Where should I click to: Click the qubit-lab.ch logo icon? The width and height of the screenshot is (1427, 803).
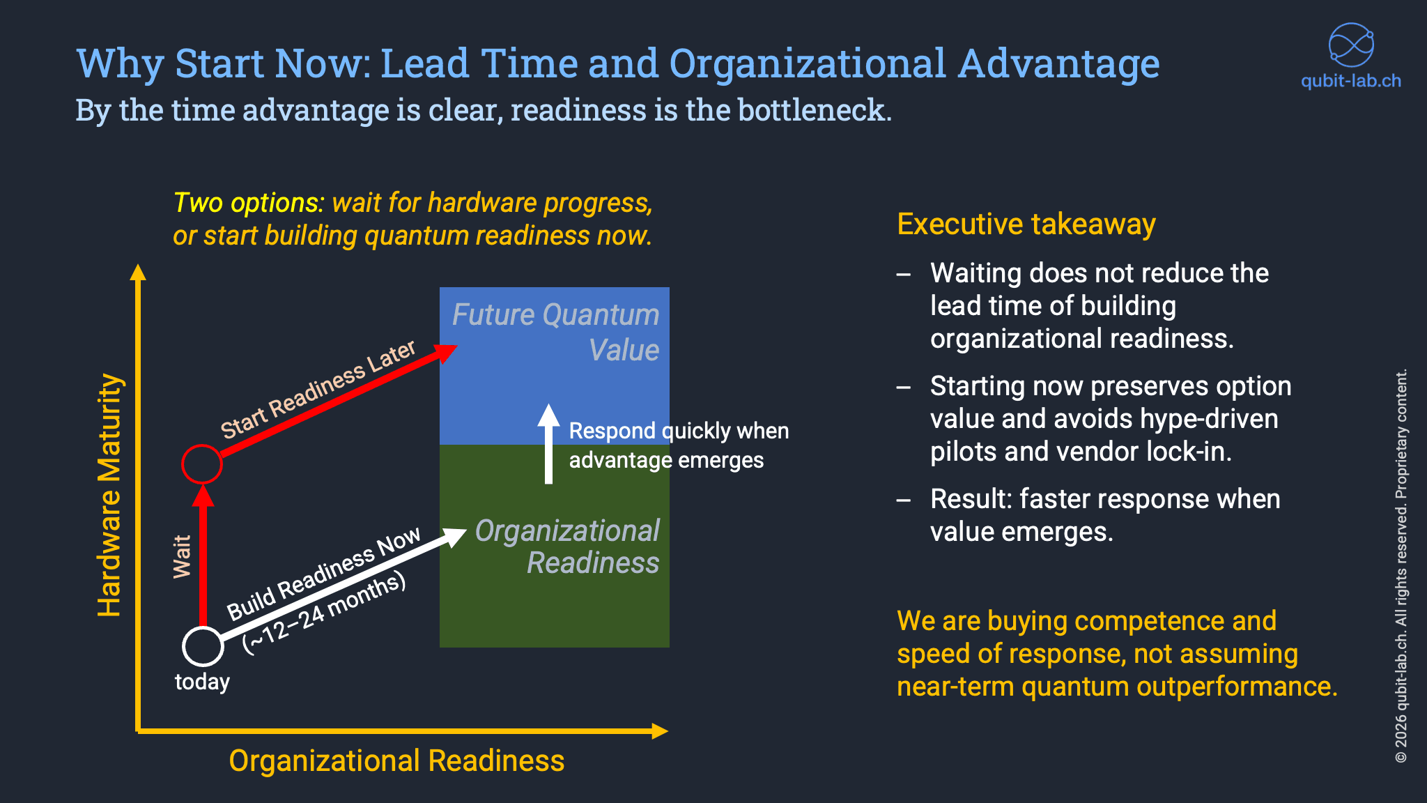tap(1350, 45)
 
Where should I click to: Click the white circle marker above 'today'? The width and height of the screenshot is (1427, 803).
tap(203, 646)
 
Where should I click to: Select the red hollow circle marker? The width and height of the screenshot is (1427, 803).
tap(202, 464)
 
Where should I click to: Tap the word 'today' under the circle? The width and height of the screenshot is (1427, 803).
tap(202, 682)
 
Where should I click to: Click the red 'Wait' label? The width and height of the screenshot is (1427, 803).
tap(183, 556)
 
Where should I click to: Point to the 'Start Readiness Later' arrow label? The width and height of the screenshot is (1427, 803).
tap(318, 389)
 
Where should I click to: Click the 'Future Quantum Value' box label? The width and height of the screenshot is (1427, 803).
tap(555, 332)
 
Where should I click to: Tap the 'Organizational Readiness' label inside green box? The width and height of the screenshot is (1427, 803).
tap(566, 546)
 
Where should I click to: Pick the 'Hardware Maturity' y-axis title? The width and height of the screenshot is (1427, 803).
tap(110, 495)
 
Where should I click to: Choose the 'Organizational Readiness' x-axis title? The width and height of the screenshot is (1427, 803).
tap(396, 760)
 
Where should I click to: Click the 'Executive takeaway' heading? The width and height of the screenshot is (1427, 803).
tap(1026, 224)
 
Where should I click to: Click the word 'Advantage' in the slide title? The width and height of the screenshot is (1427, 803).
tap(1058, 63)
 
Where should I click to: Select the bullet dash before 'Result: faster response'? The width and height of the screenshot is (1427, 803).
tap(904, 500)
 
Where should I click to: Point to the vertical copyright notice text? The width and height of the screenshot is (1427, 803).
tap(1401, 565)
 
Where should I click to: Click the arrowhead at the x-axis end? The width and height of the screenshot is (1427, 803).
tap(660, 731)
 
